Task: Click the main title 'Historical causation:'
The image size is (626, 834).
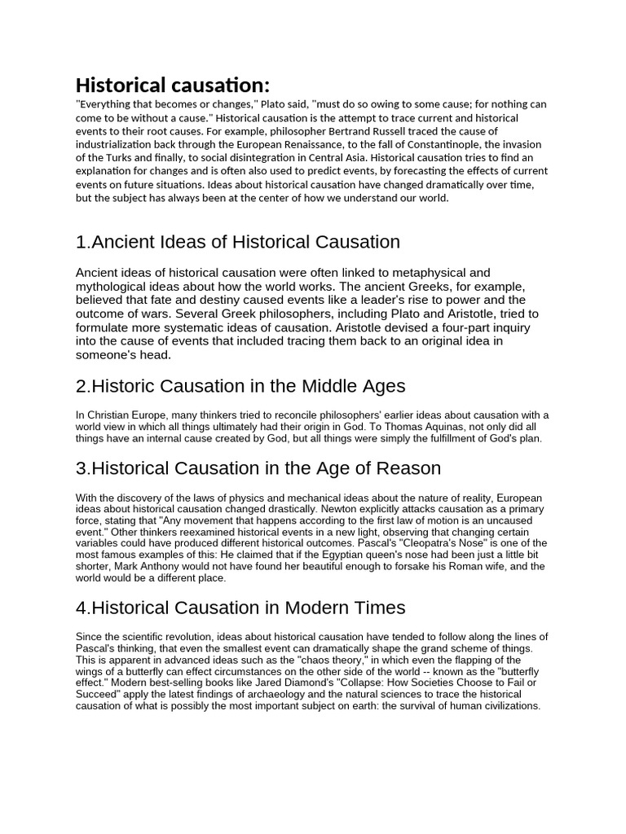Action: click(x=172, y=85)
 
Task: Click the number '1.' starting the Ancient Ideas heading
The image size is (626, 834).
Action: click(x=82, y=242)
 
